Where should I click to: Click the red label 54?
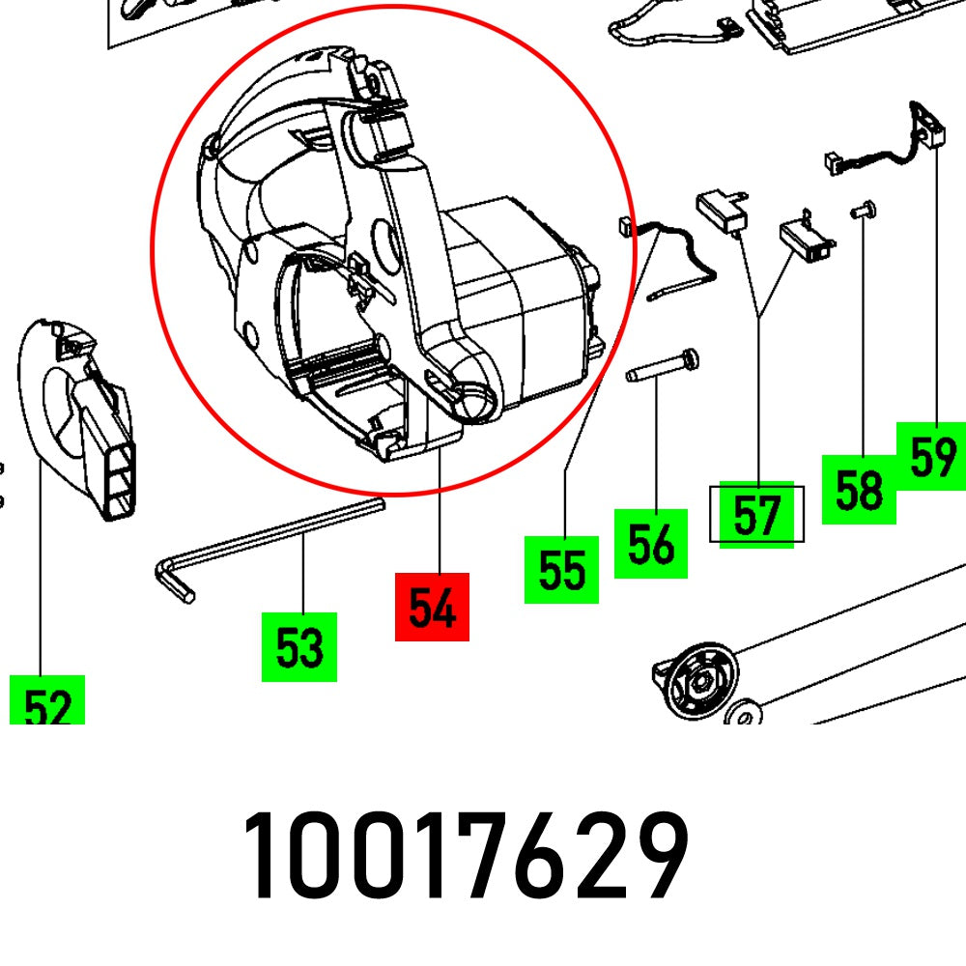tap(432, 607)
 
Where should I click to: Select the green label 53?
tap(299, 646)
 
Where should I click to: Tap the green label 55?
tap(561, 569)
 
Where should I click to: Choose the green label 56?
tap(650, 544)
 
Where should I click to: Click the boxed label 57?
tap(756, 514)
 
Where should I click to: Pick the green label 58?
tap(859, 489)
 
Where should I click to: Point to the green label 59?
tap(931, 455)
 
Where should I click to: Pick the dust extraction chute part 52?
tap(82, 415)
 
